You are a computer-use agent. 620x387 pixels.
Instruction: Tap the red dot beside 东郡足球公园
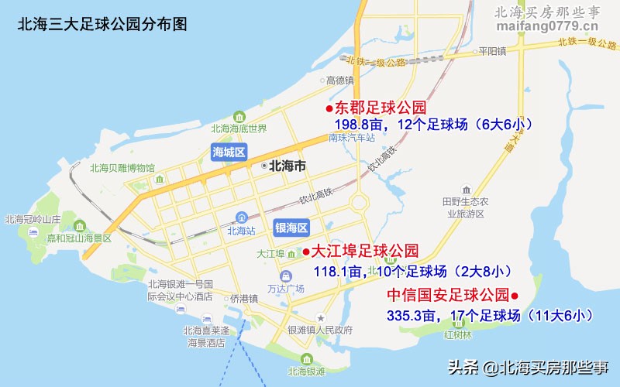pyautogui.click(x=329, y=108)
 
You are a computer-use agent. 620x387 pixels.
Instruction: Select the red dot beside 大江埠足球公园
pyautogui.click(x=306, y=252)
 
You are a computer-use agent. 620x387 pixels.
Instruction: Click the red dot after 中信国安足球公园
pyautogui.click(x=514, y=296)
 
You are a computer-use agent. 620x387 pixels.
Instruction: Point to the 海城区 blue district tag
pyautogui.click(x=229, y=152)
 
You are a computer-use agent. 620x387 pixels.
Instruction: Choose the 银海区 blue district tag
pyautogui.click(x=291, y=227)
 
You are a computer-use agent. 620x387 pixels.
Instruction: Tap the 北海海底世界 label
pyautogui.click(x=238, y=128)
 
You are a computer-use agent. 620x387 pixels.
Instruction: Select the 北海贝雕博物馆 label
pyautogui.click(x=122, y=168)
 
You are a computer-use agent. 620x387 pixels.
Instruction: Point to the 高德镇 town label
pyautogui.click(x=339, y=80)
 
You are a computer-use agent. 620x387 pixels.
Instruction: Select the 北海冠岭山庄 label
pyautogui.click(x=33, y=219)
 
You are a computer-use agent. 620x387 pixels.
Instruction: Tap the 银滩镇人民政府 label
pyautogui.click(x=320, y=330)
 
